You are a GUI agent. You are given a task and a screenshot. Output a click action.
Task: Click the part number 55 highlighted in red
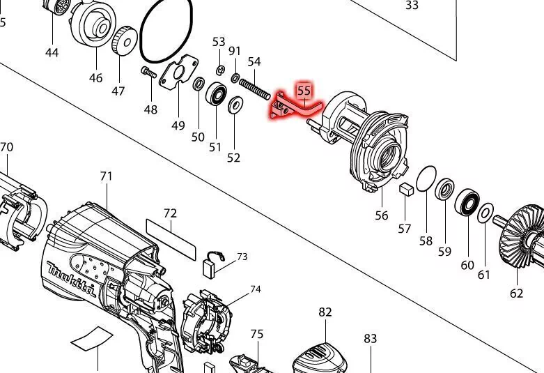[304, 91]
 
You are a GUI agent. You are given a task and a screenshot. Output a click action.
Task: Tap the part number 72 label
[170, 213]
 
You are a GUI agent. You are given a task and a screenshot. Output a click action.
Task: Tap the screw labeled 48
[148, 73]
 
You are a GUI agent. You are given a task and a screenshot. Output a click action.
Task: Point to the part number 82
[325, 312]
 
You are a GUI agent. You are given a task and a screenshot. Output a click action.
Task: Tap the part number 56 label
[382, 215]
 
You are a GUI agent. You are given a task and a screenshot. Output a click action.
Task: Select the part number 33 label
[412, 6]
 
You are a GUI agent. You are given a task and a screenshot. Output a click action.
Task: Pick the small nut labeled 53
[219, 70]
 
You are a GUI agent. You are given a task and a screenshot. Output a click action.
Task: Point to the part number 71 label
[106, 176]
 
